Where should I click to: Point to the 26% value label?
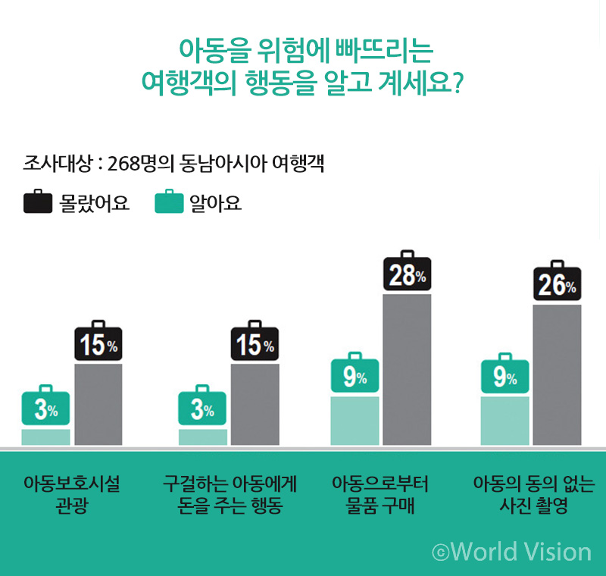point(557,285)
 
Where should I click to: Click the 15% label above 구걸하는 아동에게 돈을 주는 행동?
point(255,346)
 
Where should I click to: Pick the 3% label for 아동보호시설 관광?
point(45,410)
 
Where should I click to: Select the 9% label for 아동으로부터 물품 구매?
point(355,377)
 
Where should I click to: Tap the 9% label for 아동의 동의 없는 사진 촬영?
point(504,377)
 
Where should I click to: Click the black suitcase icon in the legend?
point(37,202)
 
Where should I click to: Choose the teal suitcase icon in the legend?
point(169,202)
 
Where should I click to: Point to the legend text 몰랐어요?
point(95,203)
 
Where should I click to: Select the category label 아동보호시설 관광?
point(72,495)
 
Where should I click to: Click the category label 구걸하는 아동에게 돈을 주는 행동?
point(230,495)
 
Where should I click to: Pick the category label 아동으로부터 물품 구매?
point(380,495)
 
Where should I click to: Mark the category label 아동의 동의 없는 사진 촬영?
point(533,495)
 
